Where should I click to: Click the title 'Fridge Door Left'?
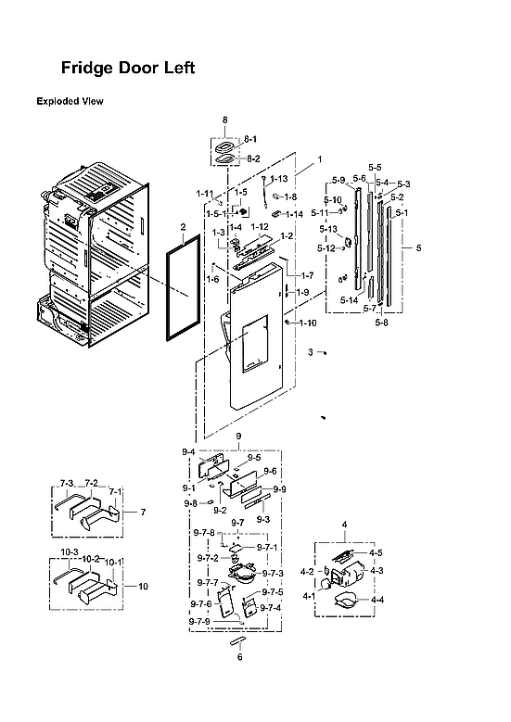[127, 69]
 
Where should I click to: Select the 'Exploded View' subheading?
[70, 101]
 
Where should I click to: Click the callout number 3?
[312, 352]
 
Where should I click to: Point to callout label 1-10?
[307, 323]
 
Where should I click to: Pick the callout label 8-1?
[251, 139]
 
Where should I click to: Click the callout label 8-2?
[251, 158]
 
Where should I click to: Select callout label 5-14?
[349, 300]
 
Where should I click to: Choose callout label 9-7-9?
[202, 621]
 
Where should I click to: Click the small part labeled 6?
[238, 640]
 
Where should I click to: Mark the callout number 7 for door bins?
[143, 512]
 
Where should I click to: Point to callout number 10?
[143, 586]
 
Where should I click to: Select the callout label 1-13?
[279, 178]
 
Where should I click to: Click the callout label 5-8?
[381, 323]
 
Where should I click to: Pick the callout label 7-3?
[66, 484]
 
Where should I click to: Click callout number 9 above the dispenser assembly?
[238, 436]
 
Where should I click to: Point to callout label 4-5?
[376, 552]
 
